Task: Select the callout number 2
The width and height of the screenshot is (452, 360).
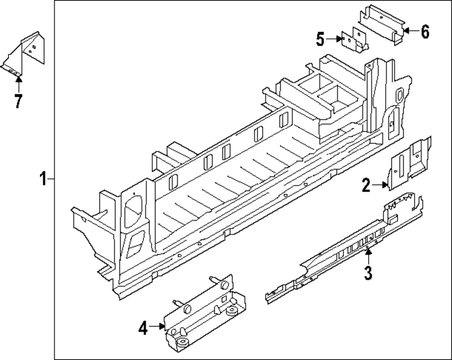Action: coord(366,185)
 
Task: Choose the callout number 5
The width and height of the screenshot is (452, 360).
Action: coord(320,40)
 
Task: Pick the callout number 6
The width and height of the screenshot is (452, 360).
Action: coord(424,32)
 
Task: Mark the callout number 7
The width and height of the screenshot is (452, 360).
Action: coord(18,101)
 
